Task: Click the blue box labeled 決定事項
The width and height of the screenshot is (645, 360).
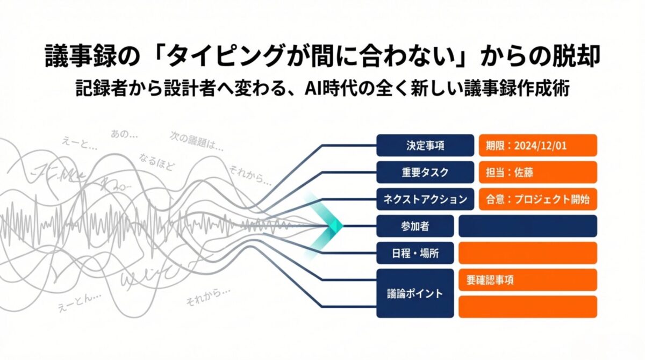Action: point(425,145)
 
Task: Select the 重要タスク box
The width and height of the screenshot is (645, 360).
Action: point(425,172)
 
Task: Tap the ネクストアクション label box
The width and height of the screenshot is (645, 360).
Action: point(425,199)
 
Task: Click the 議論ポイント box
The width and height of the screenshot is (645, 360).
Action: point(414,293)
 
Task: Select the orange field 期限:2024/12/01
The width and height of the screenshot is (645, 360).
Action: point(537,145)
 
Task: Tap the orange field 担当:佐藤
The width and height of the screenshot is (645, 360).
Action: point(537,172)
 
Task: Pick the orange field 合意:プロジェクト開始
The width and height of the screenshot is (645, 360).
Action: point(537,199)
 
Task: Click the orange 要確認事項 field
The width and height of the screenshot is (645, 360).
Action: point(527,280)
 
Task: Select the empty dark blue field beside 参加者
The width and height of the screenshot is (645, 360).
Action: point(527,226)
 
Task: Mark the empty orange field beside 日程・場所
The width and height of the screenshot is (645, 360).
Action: point(527,253)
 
